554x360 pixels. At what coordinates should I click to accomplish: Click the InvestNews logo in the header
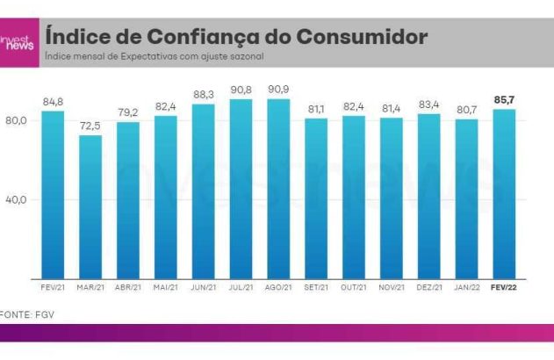[x=18, y=42]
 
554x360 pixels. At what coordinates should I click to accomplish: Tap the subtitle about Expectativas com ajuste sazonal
[x=154, y=57]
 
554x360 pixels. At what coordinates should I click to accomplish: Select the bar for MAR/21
[x=90, y=206]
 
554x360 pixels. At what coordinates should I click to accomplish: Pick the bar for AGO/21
[x=278, y=188]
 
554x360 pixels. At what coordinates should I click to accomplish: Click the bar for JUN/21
[x=203, y=191]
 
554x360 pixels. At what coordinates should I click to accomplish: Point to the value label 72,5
[x=90, y=126]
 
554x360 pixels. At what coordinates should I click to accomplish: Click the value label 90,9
[x=278, y=89]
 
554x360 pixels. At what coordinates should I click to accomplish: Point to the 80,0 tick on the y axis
[x=16, y=119]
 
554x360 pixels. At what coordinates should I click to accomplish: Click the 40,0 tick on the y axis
[x=16, y=199]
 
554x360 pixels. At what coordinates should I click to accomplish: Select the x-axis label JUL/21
[x=241, y=287]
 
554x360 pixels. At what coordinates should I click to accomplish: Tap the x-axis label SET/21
[x=316, y=287]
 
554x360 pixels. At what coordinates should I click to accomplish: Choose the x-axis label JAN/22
[x=466, y=287]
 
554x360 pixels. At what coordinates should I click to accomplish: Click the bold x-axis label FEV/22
[x=504, y=287]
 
